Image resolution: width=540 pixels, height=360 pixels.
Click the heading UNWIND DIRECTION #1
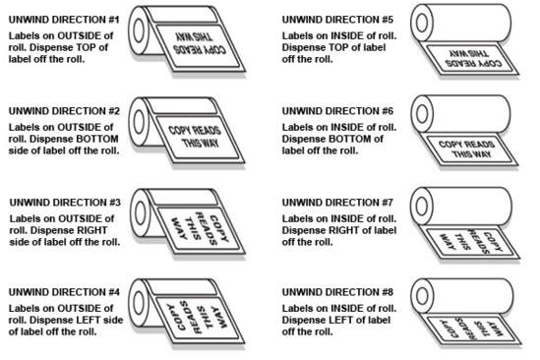[x=64, y=20]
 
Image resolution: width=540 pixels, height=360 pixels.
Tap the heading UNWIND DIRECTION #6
[x=337, y=111]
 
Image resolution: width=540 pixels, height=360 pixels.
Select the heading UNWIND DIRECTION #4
[x=64, y=292]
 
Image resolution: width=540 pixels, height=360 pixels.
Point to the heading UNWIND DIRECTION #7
[x=337, y=203]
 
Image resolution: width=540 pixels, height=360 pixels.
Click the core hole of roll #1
[x=139, y=30]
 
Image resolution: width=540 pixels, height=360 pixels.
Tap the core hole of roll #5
[x=422, y=24]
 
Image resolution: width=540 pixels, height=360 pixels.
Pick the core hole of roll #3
[x=141, y=212]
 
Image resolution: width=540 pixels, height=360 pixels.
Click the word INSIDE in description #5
[x=347, y=35]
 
